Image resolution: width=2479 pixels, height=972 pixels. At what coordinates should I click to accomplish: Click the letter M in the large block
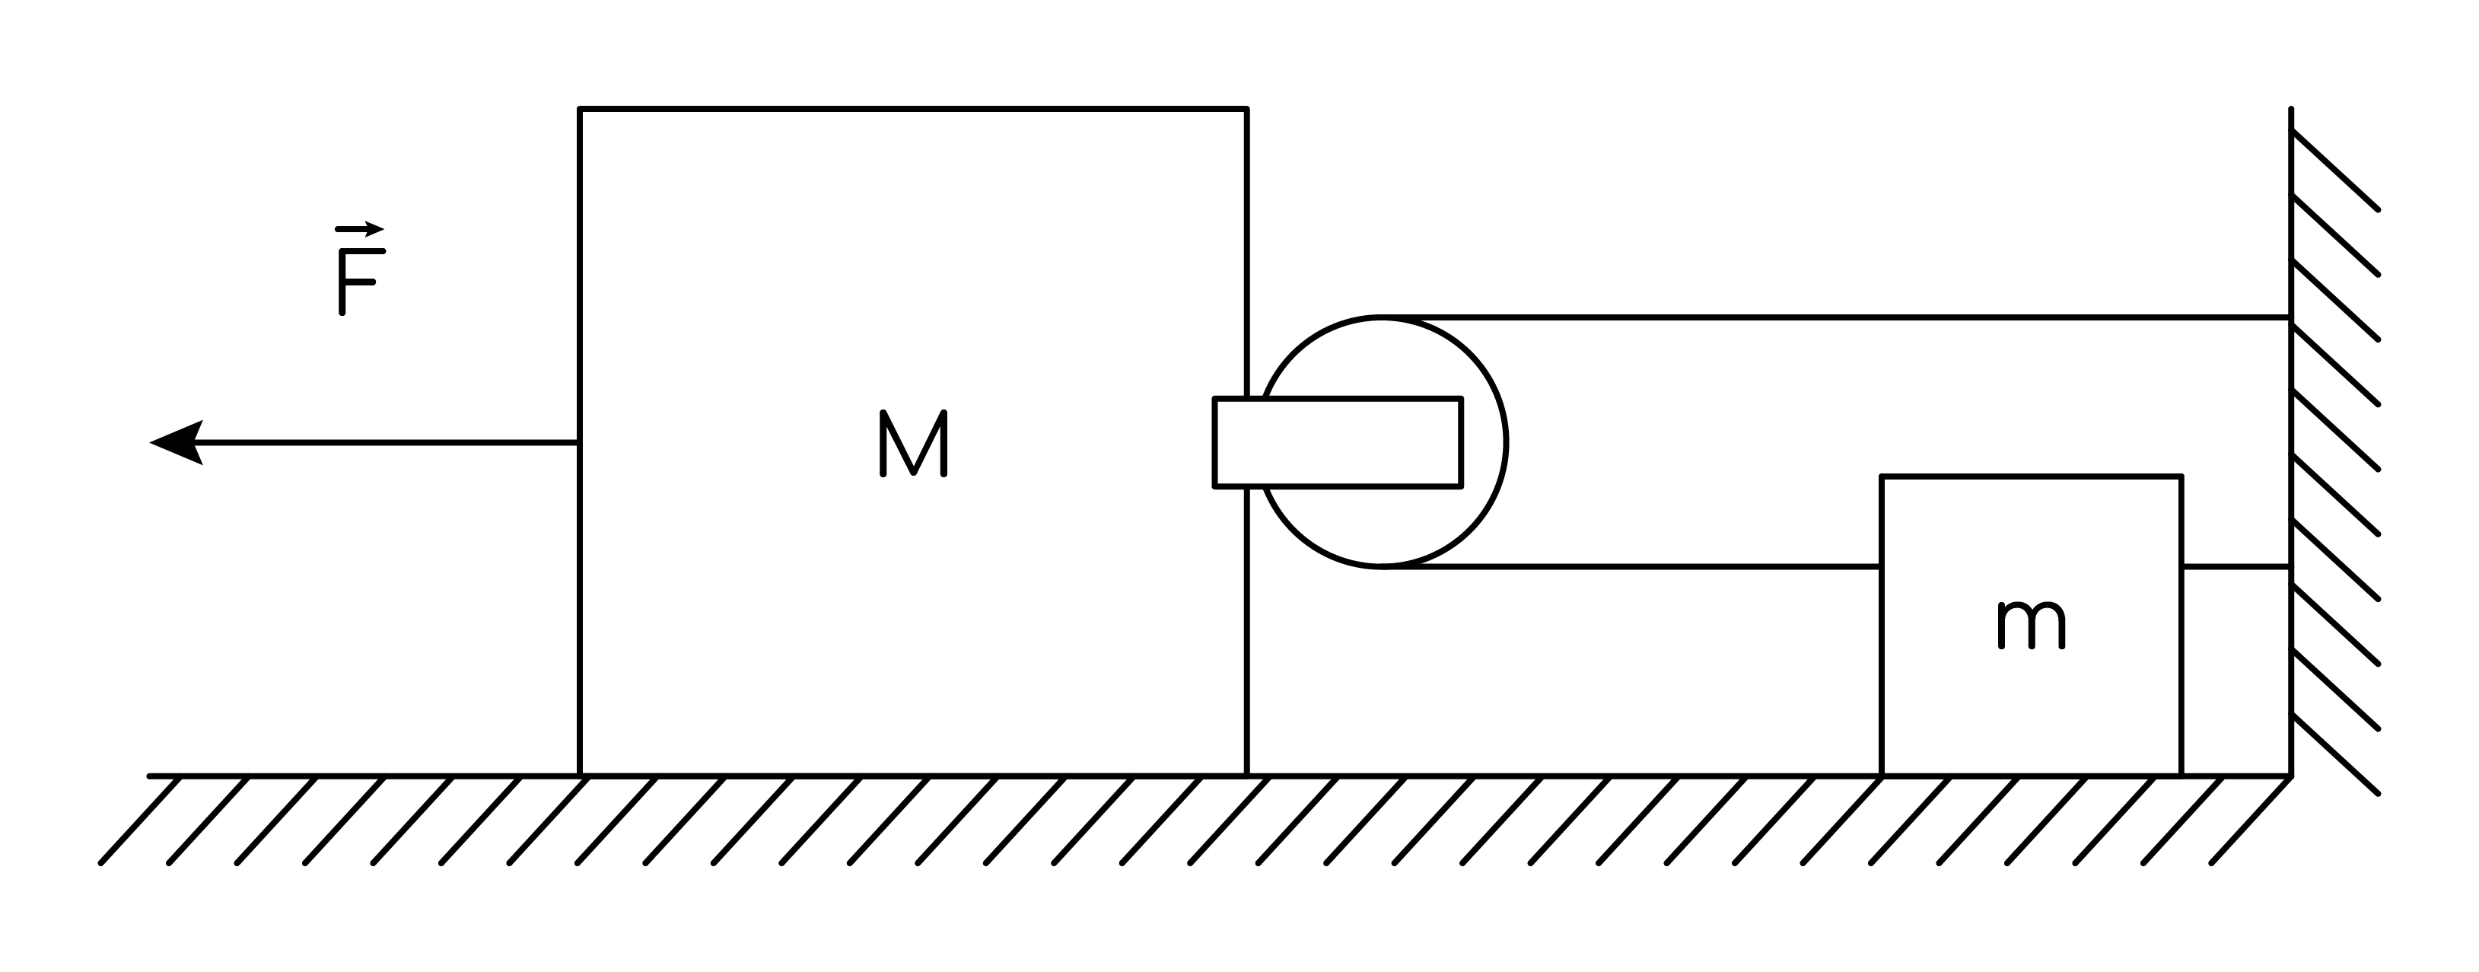pyautogui.click(x=913, y=444)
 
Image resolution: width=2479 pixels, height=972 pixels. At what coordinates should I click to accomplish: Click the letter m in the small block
pyautogui.click(x=2032, y=625)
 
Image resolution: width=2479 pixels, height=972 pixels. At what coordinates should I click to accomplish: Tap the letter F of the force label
pyautogui.click(x=361, y=282)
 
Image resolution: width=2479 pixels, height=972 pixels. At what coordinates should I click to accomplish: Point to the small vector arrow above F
pyautogui.click(x=359, y=229)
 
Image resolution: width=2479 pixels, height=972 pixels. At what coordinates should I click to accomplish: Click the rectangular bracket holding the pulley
pyautogui.click(x=1338, y=443)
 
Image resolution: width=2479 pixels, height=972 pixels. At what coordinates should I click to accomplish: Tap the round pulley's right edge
pyautogui.click(x=1506, y=443)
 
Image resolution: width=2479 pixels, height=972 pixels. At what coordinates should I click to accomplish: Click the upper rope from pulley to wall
pyautogui.click(x=1836, y=317)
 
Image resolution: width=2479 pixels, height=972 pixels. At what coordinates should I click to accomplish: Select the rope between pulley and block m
pyautogui.click(x=1632, y=568)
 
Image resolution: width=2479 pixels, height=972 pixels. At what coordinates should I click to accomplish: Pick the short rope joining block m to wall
pyautogui.click(x=2236, y=568)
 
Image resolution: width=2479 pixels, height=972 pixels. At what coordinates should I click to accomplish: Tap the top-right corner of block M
pyautogui.click(x=1246, y=110)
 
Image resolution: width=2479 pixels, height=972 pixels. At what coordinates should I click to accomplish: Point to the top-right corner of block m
pyautogui.click(x=2181, y=476)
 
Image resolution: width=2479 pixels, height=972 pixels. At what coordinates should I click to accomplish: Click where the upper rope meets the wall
pyautogui.click(x=2291, y=317)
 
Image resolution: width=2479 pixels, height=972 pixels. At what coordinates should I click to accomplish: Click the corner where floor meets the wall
pyautogui.click(x=2291, y=776)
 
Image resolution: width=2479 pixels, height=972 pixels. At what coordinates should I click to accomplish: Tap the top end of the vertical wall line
pyautogui.click(x=2291, y=109)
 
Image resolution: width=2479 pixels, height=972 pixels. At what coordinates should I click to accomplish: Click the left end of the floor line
pyautogui.click(x=150, y=776)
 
